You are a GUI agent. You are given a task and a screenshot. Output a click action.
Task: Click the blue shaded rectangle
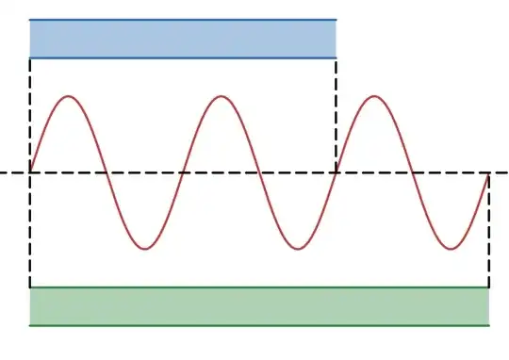tap(183, 39)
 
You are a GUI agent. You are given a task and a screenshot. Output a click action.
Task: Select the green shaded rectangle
tap(259, 306)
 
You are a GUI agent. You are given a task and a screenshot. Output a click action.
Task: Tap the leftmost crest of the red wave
tap(69, 96)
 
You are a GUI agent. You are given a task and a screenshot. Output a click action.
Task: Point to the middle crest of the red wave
tap(222, 96)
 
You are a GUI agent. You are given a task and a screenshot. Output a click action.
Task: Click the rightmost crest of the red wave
tap(375, 96)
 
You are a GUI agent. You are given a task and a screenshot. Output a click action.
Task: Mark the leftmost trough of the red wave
tap(145, 249)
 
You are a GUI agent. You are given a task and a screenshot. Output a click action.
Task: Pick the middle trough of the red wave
tap(298, 249)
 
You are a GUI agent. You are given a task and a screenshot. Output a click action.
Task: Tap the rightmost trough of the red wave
tap(452, 249)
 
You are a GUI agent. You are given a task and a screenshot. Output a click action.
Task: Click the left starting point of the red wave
tap(30, 172)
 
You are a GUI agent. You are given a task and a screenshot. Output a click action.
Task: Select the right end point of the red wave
tap(489, 172)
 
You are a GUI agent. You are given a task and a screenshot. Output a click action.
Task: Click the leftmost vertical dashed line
tap(30, 226)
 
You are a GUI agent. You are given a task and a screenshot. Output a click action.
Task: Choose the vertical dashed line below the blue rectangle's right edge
tap(337, 113)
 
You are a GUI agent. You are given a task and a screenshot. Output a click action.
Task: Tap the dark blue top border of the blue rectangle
tap(183, 19)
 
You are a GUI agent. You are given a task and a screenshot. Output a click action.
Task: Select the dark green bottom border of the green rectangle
tap(259, 325)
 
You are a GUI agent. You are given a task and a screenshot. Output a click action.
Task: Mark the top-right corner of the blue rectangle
tap(337, 19)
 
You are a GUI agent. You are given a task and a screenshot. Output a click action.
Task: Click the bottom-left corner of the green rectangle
tap(30, 325)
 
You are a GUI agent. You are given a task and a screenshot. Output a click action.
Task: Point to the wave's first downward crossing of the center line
tap(107, 172)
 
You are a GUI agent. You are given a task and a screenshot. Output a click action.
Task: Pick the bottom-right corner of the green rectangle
tap(489, 325)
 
